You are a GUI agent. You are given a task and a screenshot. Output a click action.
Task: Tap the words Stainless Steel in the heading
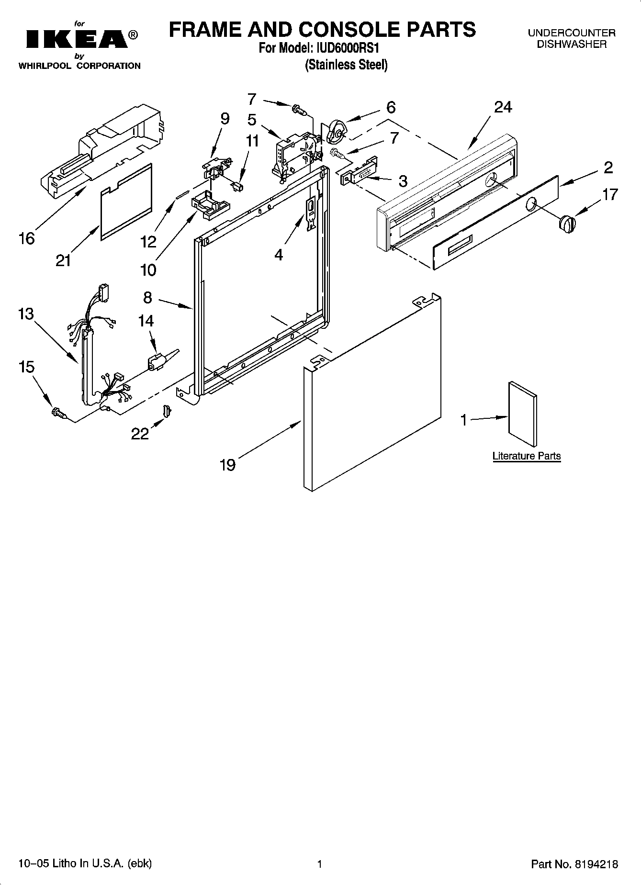tap(346, 65)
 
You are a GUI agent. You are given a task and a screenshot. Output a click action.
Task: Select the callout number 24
tap(503, 107)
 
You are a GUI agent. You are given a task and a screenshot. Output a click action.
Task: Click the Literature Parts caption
tap(526, 456)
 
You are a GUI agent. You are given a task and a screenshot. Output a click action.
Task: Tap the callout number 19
tap(228, 464)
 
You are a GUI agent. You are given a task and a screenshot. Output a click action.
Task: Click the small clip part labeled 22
tap(167, 411)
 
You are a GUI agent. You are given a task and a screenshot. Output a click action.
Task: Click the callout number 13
tap(26, 314)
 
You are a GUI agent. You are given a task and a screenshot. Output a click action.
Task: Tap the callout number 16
tap(26, 238)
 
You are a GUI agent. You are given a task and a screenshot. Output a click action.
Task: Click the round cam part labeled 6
tap(337, 131)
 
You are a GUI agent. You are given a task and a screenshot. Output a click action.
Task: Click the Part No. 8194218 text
tap(574, 864)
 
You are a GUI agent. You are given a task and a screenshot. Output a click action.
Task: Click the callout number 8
tap(147, 298)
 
